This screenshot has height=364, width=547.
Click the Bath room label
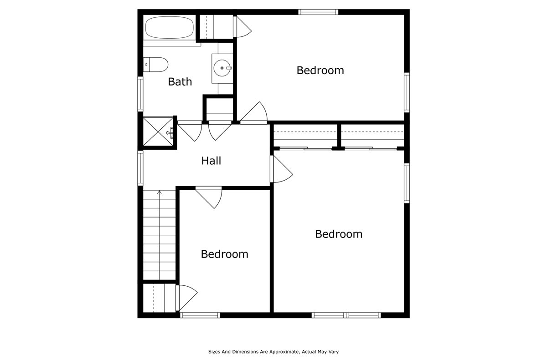(180, 82)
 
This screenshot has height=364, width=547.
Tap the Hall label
(211, 161)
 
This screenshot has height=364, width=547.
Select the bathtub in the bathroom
(168, 28)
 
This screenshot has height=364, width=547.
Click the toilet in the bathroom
(155, 64)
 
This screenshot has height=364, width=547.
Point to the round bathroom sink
(222, 68)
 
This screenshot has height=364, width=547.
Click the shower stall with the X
(158, 132)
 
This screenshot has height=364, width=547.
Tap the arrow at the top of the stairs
(159, 193)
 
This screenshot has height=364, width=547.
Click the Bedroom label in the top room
(320, 71)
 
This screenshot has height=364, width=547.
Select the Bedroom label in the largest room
(339, 234)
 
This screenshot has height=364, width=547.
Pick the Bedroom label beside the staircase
(224, 254)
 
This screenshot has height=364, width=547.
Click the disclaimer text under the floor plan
(273, 352)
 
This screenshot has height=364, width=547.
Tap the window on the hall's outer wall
(140, 168)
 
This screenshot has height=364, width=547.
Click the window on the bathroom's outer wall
(140, 94)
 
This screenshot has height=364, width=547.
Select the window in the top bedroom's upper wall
(318, 12)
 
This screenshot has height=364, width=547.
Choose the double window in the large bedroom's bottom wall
(346, 315)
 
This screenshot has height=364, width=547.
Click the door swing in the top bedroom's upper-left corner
(243, 27)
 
